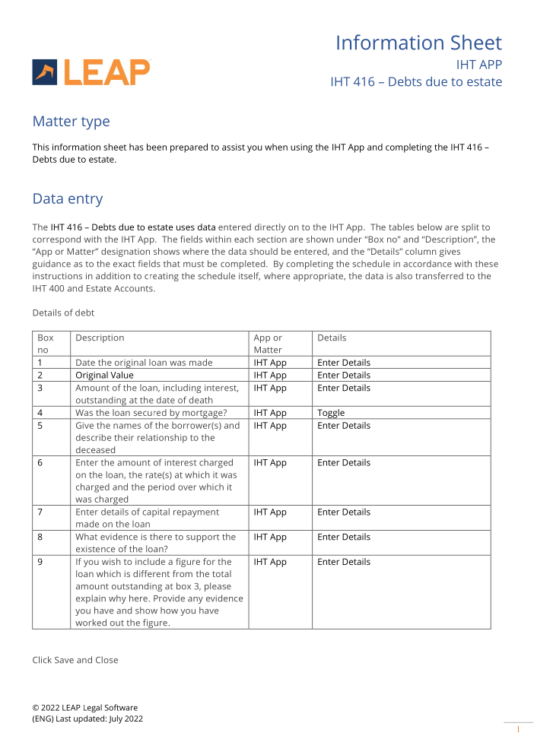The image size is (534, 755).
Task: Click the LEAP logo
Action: (x=91, y=72)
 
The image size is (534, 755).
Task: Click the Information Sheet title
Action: (x=418, y=43)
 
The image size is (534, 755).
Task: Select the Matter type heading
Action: (x=71, y=122)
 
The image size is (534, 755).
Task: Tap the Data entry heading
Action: (x=67, y=199)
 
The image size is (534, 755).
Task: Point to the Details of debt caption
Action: (x=63, y=312)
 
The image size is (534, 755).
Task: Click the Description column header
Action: (x=100, y=338)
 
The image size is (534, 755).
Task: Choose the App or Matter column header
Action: (x=268, y=344)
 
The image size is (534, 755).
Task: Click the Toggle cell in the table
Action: (x=331, y=413)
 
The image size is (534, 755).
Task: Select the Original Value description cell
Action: (x=104, y=375)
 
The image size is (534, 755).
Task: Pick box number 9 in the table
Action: (x=40, y=562)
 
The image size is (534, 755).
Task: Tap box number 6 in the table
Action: (x=40, y=462)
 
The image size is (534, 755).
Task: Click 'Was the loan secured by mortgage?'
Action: (x=151, y=413)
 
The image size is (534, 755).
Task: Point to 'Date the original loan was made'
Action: (x=144, y=363)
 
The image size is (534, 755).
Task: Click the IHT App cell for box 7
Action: (x=270, y=512)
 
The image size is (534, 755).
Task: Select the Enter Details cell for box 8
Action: (x=344, y=537)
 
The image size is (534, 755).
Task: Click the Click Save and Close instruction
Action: (x=75, y=660)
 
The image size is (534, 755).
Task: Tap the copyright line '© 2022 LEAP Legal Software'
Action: (x=84, y=707)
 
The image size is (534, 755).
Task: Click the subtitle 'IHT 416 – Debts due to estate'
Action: (x=415, y=81)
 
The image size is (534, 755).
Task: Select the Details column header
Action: (x=332, y=338)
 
